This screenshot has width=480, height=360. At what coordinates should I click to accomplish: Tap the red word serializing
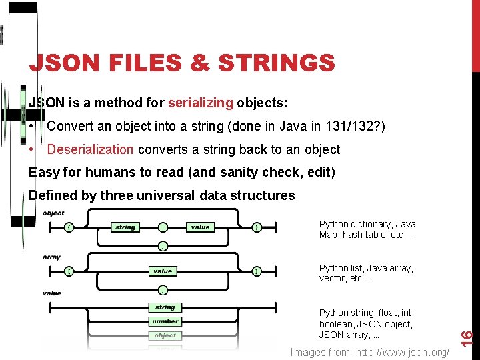[x=201, y=103]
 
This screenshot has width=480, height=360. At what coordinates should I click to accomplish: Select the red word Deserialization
[x=90, y=149]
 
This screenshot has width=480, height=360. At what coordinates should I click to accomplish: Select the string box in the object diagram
[x=125, y=227]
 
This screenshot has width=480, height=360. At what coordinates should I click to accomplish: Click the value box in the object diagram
[x=200, y=227]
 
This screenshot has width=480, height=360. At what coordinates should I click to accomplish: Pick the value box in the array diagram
[x=163, y=271]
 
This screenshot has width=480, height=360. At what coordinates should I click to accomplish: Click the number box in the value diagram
[x=165, y=321]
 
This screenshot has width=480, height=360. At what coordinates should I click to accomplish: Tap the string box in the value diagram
[x=165, y=307]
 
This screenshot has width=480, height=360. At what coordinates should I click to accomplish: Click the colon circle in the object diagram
[x=163, y=227]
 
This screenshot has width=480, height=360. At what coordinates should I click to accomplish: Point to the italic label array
[x=51, y=257]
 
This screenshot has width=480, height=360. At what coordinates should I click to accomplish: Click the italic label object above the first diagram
[x=53, y=213]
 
